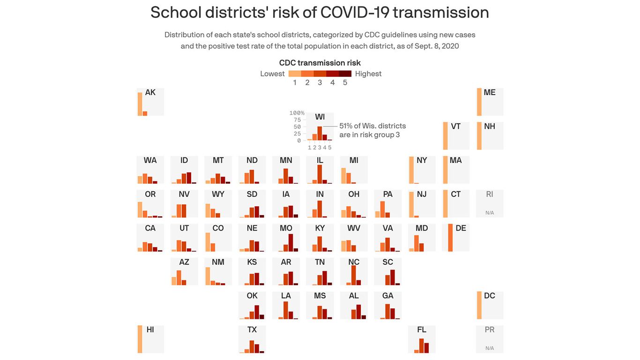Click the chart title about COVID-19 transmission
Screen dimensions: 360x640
click(320, 13)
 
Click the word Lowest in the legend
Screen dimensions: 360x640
click(272, 74)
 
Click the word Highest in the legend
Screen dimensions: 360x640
click(368, 74)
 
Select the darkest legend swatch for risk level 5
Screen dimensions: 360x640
click(345, 74)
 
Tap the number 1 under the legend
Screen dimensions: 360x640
click(295, 82)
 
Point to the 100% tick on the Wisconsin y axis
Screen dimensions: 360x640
click(297, 113)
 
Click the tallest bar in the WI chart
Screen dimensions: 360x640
click(320, 134)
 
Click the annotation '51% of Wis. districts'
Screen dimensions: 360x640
click(372, 126)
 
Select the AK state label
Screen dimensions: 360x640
click(150, 92)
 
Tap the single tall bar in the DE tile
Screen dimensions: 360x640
click(450, 238)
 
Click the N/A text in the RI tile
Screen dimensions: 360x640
click(490, 213)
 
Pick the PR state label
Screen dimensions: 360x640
click(490, 330)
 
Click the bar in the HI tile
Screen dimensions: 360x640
click(140, 339)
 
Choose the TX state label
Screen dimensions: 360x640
click(252, 330)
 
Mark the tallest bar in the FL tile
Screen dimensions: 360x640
click(422, 346)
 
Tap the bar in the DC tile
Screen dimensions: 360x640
click(479, 306)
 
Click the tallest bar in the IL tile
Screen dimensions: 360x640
click(320, 174)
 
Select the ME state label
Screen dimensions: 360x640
click(490, 92)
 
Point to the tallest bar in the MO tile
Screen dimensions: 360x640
click(290, 243)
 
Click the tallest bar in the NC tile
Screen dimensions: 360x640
click(354, 276)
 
